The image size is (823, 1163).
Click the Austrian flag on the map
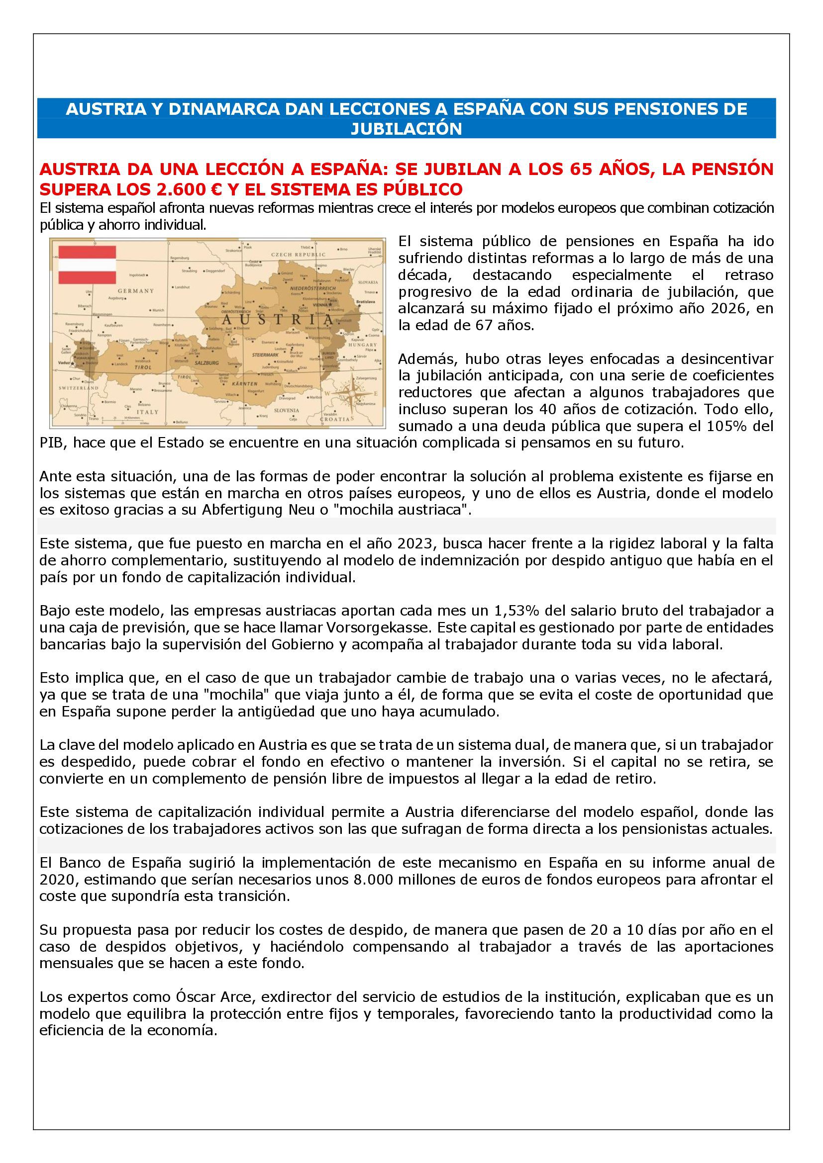(87, 265)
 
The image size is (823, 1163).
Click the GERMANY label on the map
(136, 291)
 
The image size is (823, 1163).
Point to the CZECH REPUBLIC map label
(299, 255)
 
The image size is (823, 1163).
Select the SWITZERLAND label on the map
(79, 387)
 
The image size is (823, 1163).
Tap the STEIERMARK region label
(266, 355)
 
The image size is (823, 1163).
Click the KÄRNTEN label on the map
(245, 383)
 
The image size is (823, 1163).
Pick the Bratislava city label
(366, 301)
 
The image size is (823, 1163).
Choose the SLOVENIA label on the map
(286, 410)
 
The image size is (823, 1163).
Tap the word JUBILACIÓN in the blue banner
(407, 129)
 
